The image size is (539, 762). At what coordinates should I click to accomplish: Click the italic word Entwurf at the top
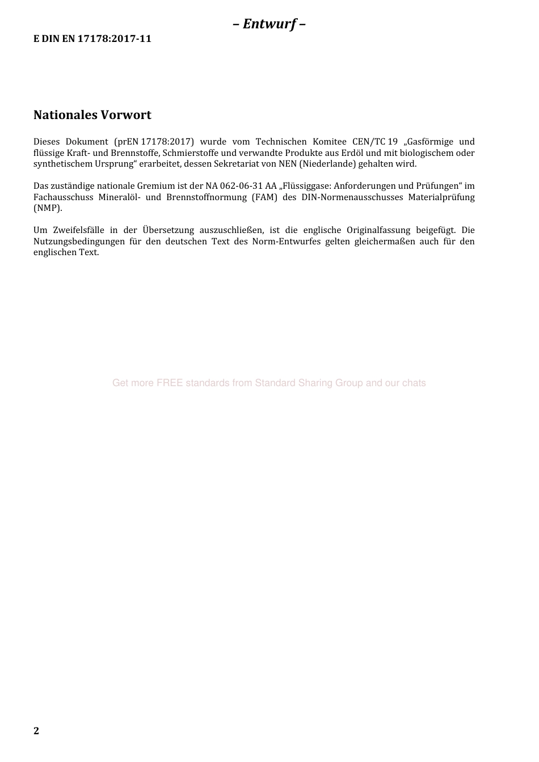pyautogui.click(x=269, y=24)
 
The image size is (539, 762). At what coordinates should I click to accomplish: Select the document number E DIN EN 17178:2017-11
pyautogui.click(x=92, y=39)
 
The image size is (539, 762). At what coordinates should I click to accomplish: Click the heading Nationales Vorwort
pyautogui.click(x=92, y=115)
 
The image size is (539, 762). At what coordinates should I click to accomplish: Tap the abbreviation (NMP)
pyautogui.click(x=48, y=208)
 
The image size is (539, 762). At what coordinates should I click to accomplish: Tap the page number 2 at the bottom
pyautogui.click(x=36, y=731)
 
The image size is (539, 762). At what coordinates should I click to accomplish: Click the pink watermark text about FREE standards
pyautogui.click(x=269, y=383)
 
